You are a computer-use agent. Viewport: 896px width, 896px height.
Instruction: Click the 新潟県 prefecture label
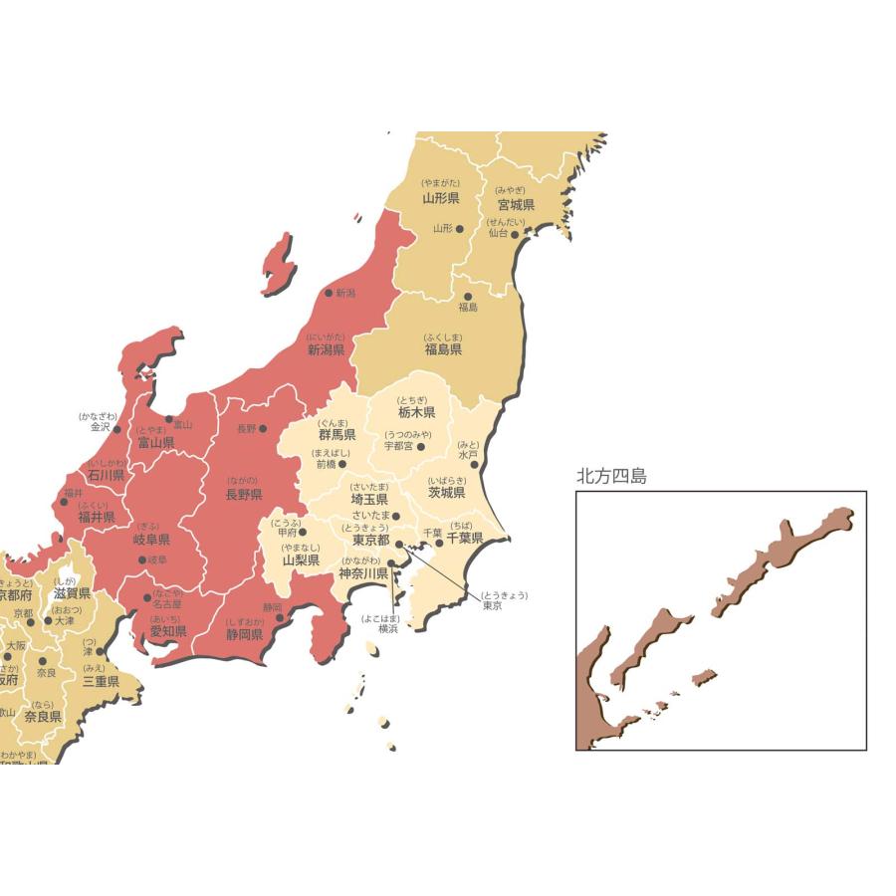[x=326, y=350]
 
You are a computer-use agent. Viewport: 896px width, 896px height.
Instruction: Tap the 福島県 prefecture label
[x=443, y=349]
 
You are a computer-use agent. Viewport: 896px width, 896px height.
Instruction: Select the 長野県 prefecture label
[x=243, y=494]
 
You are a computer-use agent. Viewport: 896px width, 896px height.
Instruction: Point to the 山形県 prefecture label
[x=440, y=198]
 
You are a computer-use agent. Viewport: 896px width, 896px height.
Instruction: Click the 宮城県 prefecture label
[x=516, y=205]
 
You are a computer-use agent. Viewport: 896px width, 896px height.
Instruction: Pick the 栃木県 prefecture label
[x=416, y=412]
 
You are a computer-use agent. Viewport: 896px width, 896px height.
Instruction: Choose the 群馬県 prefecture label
[x=337, y=435]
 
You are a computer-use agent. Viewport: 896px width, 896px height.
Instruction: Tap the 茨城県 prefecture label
[x=446, y=492]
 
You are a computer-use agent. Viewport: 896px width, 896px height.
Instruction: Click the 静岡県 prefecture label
[x=243, y=634]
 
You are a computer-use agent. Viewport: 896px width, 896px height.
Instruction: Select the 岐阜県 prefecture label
[x=150, y=539]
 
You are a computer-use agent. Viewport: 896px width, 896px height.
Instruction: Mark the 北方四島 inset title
[x=611, y=477]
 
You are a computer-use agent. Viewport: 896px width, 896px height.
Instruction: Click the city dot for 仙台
[x=515, y=233]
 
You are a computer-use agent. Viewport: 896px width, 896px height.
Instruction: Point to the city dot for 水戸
[x=474, y=464]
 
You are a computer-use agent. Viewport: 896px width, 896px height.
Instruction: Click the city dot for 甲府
[x=303, y=533]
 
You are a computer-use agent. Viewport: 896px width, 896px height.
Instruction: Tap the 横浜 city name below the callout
[x=388, y=629]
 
